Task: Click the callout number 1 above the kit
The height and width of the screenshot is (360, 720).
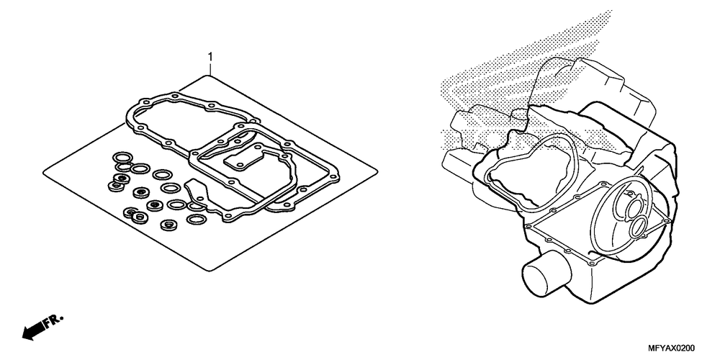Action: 210,55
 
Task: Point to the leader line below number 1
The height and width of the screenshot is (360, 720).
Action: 210,68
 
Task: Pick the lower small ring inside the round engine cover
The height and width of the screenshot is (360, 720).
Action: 638,228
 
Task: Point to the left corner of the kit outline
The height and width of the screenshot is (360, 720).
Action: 44,171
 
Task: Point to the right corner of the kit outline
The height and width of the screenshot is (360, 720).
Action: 377,171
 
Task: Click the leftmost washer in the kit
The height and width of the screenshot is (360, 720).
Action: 114,186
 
